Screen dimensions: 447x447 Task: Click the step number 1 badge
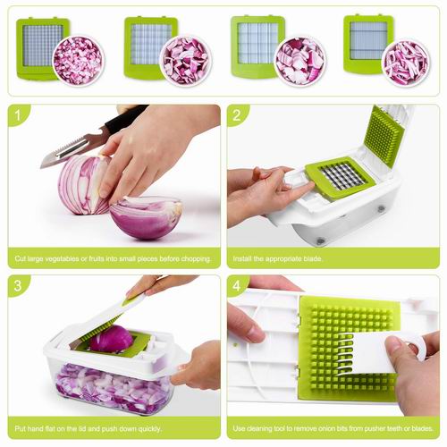coord(18,115)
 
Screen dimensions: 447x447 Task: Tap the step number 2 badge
coord(237,115)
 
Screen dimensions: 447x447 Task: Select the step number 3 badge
coord(18,285)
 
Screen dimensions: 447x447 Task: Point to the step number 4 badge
coord(237,285)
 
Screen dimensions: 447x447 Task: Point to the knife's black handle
coord(125,118)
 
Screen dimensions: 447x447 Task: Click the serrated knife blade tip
coord(42,166)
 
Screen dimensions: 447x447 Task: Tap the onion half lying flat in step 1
coord(146,217)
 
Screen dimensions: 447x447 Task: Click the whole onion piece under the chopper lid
coord(112,339)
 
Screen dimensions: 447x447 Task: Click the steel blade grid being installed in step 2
coord(342,176)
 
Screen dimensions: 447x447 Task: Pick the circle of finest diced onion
coord(79,61)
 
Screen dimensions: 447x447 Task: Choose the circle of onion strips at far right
coord(406,63)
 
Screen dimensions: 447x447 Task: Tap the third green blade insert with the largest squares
coord(257,46)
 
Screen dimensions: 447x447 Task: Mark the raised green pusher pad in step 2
coord(384,137)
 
